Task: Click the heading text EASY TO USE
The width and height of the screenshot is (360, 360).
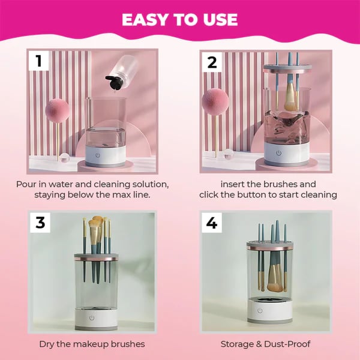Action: [x=180, y=19]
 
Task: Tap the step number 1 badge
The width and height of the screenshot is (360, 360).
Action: [x=39, y=61]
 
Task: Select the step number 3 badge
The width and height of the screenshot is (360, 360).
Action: [x=40, y=222]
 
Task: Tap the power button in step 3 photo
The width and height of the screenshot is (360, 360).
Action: [x=92, y=317]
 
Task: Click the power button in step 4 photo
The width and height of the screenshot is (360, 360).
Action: [x=260, y=310]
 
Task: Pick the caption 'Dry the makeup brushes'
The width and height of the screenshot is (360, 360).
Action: [x=92, y=344]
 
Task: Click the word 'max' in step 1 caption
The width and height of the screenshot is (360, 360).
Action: [x=128, y=195]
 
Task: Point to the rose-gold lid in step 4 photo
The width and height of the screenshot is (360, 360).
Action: [x=269, y=245]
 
